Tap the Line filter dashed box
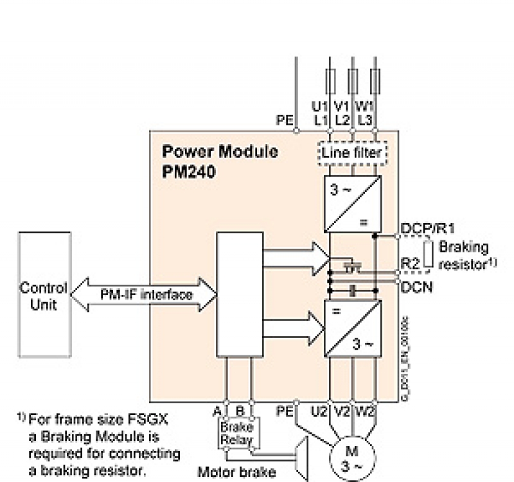[x=351, y=152]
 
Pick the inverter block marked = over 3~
[x=351, y=328]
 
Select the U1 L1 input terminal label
[x=320, y=113]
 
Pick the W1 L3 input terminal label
[x=365, y=113]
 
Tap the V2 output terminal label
[x=342, y=409]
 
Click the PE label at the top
[x=285, y=120]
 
